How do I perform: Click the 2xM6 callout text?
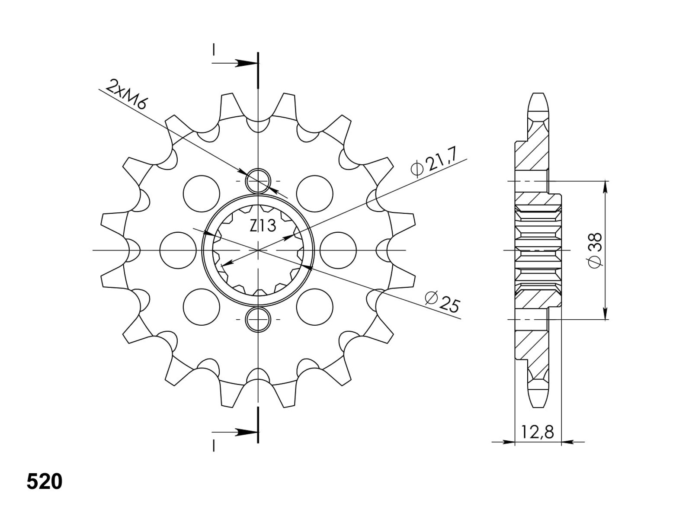coord(125,95)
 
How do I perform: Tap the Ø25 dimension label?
coord(442,302)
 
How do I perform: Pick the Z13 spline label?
coord(262,226)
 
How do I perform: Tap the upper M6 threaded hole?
coord(258,181)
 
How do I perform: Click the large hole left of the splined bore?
coord(178,250)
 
